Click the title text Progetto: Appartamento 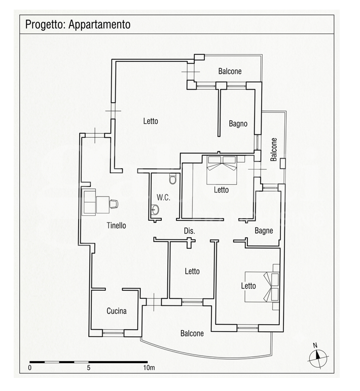pos(78,24)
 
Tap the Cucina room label pos(117,311)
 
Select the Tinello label pos(116,225)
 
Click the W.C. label pos(164,198)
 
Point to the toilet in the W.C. pos(172,179)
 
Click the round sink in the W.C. pos(155,210)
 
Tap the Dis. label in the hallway pos(190,231)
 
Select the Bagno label pos(238,124)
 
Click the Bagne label pos(264,230)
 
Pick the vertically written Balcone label pos(274,149)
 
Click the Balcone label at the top pos(230,71)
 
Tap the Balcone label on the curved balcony pos(192,333)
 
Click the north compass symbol pos(318,358)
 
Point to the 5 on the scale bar pos(89,368)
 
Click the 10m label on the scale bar pos(149,368)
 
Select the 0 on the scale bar pos(30,368)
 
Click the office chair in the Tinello pos(114,204)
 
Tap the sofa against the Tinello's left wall pos(89,202)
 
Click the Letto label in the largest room pos(151,121)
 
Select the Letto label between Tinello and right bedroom pos(192,271)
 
